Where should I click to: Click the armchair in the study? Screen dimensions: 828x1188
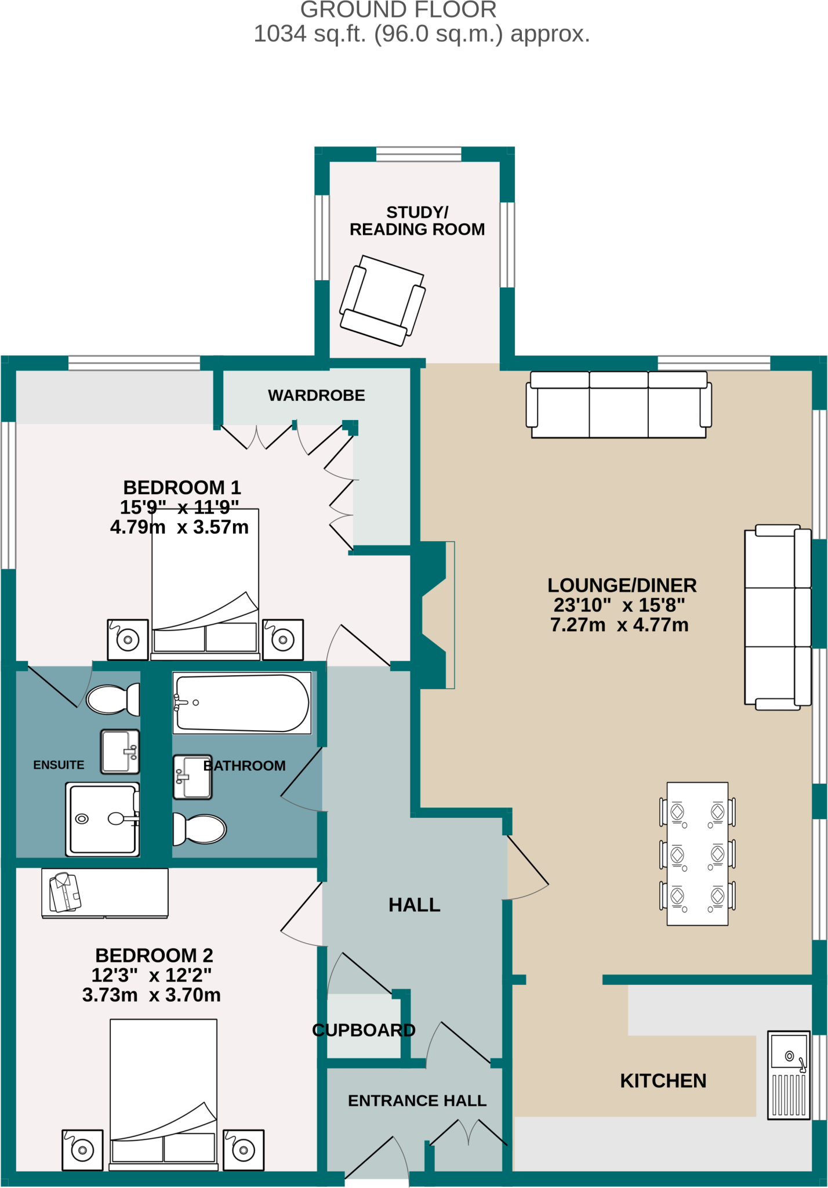coord(383,300)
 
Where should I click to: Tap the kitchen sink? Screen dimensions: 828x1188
coord(789,1075)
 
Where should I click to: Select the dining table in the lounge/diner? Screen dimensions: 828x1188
coord(698,853)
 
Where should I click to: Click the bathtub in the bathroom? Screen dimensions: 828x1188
coord(242,702)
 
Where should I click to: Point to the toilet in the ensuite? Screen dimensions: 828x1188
coord(113,699)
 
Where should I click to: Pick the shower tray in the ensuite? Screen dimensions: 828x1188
coord(103,819)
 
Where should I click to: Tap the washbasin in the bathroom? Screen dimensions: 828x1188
coord(193,777)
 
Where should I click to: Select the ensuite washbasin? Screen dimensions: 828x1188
coord(120,751)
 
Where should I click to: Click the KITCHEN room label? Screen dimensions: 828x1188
coord(663,1081)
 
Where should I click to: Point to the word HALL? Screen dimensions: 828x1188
coord(415,904)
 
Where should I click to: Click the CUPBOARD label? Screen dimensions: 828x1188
coord(364,1030)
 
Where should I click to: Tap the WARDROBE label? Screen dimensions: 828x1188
coord(317,395)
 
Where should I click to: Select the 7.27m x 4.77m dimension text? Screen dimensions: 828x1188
coord(619,625)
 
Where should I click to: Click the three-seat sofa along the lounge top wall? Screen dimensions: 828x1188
coord(619,404)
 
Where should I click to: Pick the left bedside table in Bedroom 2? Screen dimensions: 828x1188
coord(82,1150)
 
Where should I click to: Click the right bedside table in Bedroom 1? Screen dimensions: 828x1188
coord(283,640)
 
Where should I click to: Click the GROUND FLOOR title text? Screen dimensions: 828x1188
coord(398,10)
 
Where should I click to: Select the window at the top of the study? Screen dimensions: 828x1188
coord(419,154)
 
